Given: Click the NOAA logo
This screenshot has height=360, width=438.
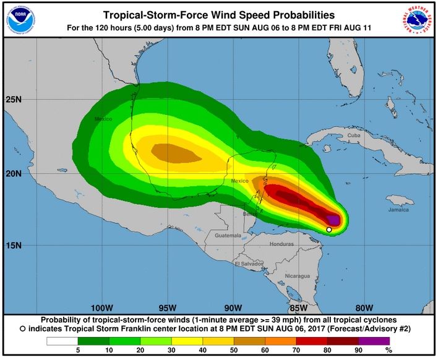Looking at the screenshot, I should (x=21, y=19).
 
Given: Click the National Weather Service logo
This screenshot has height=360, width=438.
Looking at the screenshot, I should (x=417, y=19).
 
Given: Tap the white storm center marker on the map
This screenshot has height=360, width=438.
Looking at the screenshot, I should (x=329, y=229).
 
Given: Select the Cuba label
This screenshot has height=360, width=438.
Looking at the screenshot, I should (x=353, y=135).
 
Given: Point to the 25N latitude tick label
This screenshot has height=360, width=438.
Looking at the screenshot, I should (x=13, y=99).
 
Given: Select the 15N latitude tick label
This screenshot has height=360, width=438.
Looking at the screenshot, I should (x=13, y=246).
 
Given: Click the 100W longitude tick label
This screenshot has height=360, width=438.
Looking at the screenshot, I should (x=101, y=307).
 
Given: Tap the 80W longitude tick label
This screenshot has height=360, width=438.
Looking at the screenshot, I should (x=364, y=307).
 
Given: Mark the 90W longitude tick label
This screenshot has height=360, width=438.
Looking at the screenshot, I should (x=233, y=307).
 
